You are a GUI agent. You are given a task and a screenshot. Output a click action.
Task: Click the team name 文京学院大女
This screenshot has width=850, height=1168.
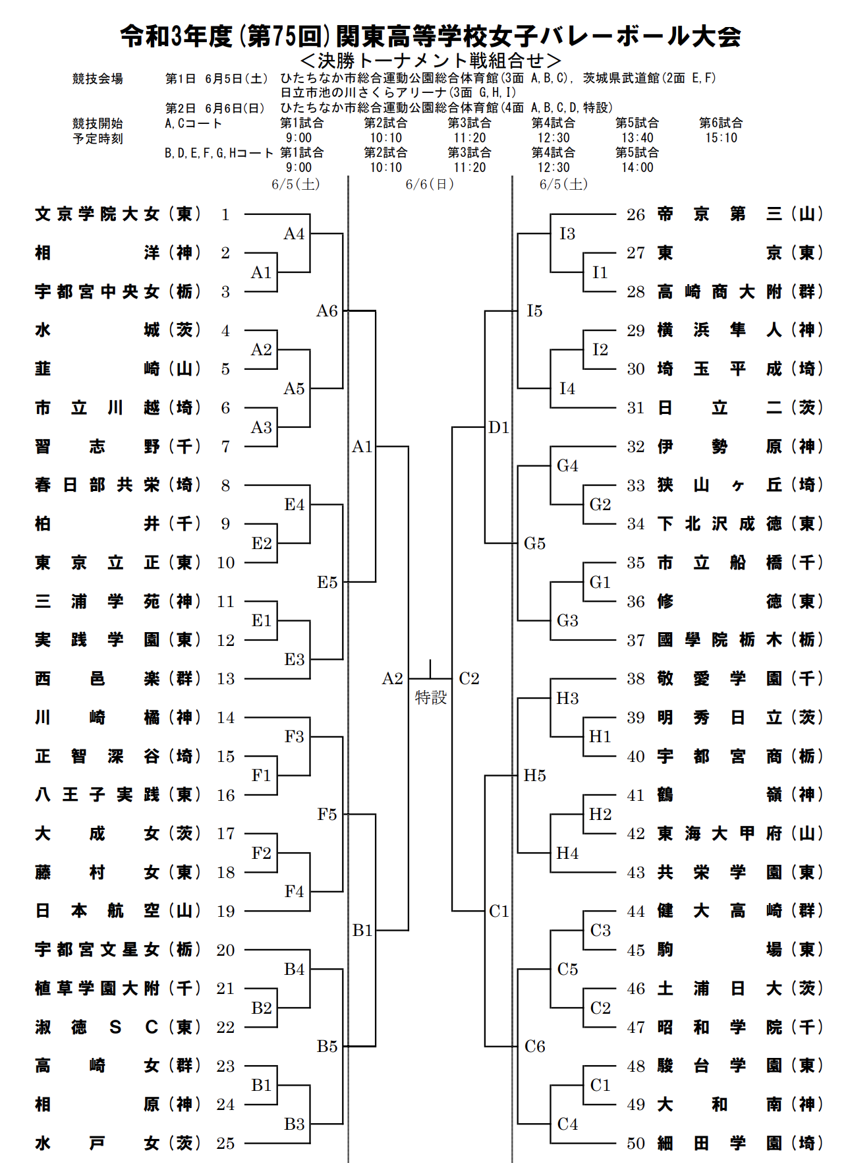pyautogui.click(x=97, y=214)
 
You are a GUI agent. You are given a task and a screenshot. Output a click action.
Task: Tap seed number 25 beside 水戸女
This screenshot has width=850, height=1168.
pyautogui.click(x=225, y=1144)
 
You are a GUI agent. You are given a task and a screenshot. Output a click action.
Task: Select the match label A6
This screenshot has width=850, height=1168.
pyautogui.click(x=327, y=311)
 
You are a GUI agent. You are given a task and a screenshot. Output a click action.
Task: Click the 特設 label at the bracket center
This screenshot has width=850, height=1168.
pyautogui.click(x=431, y=697)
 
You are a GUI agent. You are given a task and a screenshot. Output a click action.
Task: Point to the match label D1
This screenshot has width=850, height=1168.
pyautogui.click(x=499, y=428)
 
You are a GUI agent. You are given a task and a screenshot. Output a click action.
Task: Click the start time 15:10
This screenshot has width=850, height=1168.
pyautogui.click(x=721, y=138)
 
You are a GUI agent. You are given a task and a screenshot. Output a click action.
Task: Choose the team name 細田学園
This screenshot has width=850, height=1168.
pyautogui.click(x=720, y=1144)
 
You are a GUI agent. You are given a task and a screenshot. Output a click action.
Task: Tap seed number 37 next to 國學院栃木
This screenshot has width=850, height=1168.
pyautogui.click(x=635, y=640)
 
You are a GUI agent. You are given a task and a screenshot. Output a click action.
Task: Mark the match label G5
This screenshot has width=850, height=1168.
pyautogui.click(x=534, y=544)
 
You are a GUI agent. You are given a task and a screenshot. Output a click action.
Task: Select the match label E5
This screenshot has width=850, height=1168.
pyautogui.click(x=327, y=583)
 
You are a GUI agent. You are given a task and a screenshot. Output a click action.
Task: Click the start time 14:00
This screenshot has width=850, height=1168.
pyautogui.click(x=637, y=167)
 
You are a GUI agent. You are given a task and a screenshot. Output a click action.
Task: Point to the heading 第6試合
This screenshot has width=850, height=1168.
pyautogui.click(x=721, y=123)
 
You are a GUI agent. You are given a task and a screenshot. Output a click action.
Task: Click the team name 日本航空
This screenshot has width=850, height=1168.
pyautogui.click(x=97, y=911)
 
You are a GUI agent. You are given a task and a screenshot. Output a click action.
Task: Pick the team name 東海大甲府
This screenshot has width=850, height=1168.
pyautogui.click(x=720, y=834)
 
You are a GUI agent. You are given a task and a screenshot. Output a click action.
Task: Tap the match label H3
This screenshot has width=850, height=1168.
pyautogui.click(x=567, y=699)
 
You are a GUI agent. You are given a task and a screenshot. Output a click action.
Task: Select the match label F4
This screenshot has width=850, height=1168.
pyautogui.click(x=294, y=892)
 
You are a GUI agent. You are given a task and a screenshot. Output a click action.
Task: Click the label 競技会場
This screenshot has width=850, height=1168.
pyautogui.click(x=98, y=79)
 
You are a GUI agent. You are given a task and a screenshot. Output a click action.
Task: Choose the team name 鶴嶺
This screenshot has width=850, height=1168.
pyautogui.click(x=720, y=795)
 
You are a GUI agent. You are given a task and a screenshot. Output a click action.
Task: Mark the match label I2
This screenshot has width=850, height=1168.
pyautogui.click(x=600, y=350)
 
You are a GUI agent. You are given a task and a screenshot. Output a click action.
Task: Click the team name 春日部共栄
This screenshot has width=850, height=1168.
pyautogui.click(x=97, y=485)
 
